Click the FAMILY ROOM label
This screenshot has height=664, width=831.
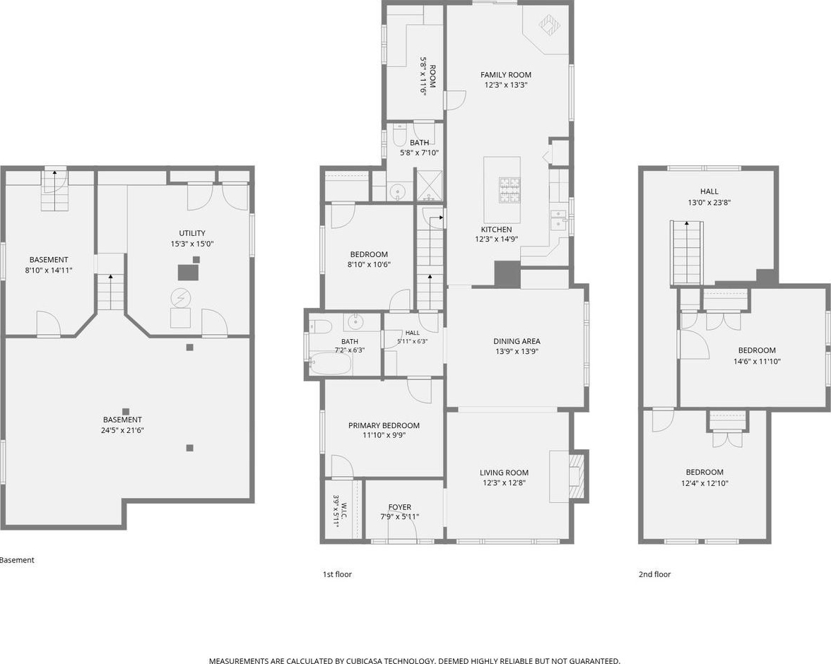[506, 75]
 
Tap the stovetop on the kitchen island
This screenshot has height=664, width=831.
[509, 191]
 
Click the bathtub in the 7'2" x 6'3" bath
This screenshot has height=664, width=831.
[330, 364]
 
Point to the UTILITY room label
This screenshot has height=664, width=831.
[192, 233]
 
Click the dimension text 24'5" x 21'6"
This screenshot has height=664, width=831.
[122, 430]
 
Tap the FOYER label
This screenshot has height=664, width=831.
[400, 507]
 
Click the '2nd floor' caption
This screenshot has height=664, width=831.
[654, 574]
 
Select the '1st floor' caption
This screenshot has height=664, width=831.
[337, 574]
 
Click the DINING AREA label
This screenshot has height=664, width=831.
[517, 341]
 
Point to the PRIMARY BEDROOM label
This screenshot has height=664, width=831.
[384, 425]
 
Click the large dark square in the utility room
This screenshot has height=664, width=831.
[188, 273]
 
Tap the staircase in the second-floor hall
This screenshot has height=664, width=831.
[688, 254]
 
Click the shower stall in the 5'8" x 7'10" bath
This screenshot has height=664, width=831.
[429, 185]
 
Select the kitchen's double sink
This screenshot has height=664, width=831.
[558, 220]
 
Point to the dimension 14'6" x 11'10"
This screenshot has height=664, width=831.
[757, 362]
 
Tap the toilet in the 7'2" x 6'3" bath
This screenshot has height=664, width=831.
[321, 326]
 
